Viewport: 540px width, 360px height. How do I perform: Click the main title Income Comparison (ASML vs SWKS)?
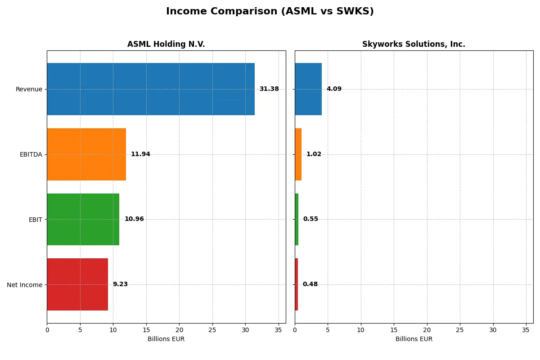[x=270, y=11]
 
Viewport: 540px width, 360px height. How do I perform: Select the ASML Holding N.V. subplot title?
[x=166, y=44]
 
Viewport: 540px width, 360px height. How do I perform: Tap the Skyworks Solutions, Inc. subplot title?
[x=414, y=44]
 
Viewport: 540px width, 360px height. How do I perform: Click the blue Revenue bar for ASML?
[x=151, y=89]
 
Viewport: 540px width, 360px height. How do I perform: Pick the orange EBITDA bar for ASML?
[x=86, y=154]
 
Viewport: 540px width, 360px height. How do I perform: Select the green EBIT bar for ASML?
[x=83, y=219]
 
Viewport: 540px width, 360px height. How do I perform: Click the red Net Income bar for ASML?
[x=77, y=284]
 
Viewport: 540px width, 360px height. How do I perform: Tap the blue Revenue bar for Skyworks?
[x=308, y=89]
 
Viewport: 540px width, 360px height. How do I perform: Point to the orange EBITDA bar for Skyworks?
[x=298, y=154]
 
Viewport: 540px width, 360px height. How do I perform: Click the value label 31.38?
[x=269, y=89]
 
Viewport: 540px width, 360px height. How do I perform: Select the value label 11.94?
[x=140, y=154]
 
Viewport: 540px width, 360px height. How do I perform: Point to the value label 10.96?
[x=134, y=219]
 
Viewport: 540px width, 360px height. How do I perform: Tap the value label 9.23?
[x=120, y=284]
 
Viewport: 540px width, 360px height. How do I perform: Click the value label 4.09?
[x=334, y=89]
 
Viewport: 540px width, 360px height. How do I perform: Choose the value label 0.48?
[x=310, y=284]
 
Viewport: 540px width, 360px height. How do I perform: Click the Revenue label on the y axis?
[x=29, y=89]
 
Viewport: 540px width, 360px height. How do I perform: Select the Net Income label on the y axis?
[x=25, y=285]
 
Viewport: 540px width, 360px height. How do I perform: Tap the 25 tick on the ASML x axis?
[x=212, y=330]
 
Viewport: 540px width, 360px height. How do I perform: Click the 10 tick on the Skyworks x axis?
[x=361, y=330]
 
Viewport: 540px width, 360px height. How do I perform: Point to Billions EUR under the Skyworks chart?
[x=414, y=339]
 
